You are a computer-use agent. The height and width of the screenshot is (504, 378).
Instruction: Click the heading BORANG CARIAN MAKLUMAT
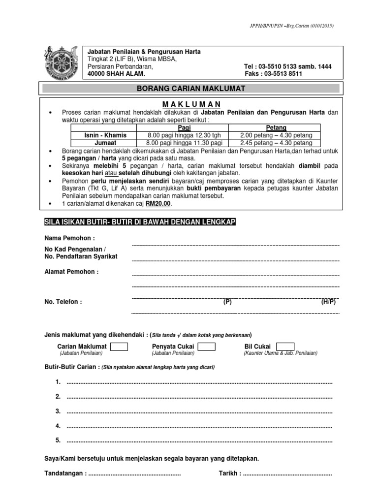coord(190,88)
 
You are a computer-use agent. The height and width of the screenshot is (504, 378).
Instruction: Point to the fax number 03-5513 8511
coord(283,74)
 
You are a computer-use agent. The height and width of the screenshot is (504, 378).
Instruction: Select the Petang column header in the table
coord(276,127)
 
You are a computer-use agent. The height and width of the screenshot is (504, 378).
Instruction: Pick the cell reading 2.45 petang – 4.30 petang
coord(276,142)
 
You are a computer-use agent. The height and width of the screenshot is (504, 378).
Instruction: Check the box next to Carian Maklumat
coord(119,346)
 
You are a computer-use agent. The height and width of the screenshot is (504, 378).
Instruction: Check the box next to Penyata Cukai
coord(206,346)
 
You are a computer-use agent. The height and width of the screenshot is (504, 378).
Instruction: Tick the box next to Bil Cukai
coord(282,346)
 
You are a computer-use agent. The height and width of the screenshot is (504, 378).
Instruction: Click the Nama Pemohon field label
coord(69,238)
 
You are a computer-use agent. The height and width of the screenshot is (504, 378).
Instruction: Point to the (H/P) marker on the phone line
coord(328,302)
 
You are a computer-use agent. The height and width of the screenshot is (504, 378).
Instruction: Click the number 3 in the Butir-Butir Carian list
coord(58,411)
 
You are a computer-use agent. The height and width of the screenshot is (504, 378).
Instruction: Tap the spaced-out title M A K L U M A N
coord(190,104)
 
